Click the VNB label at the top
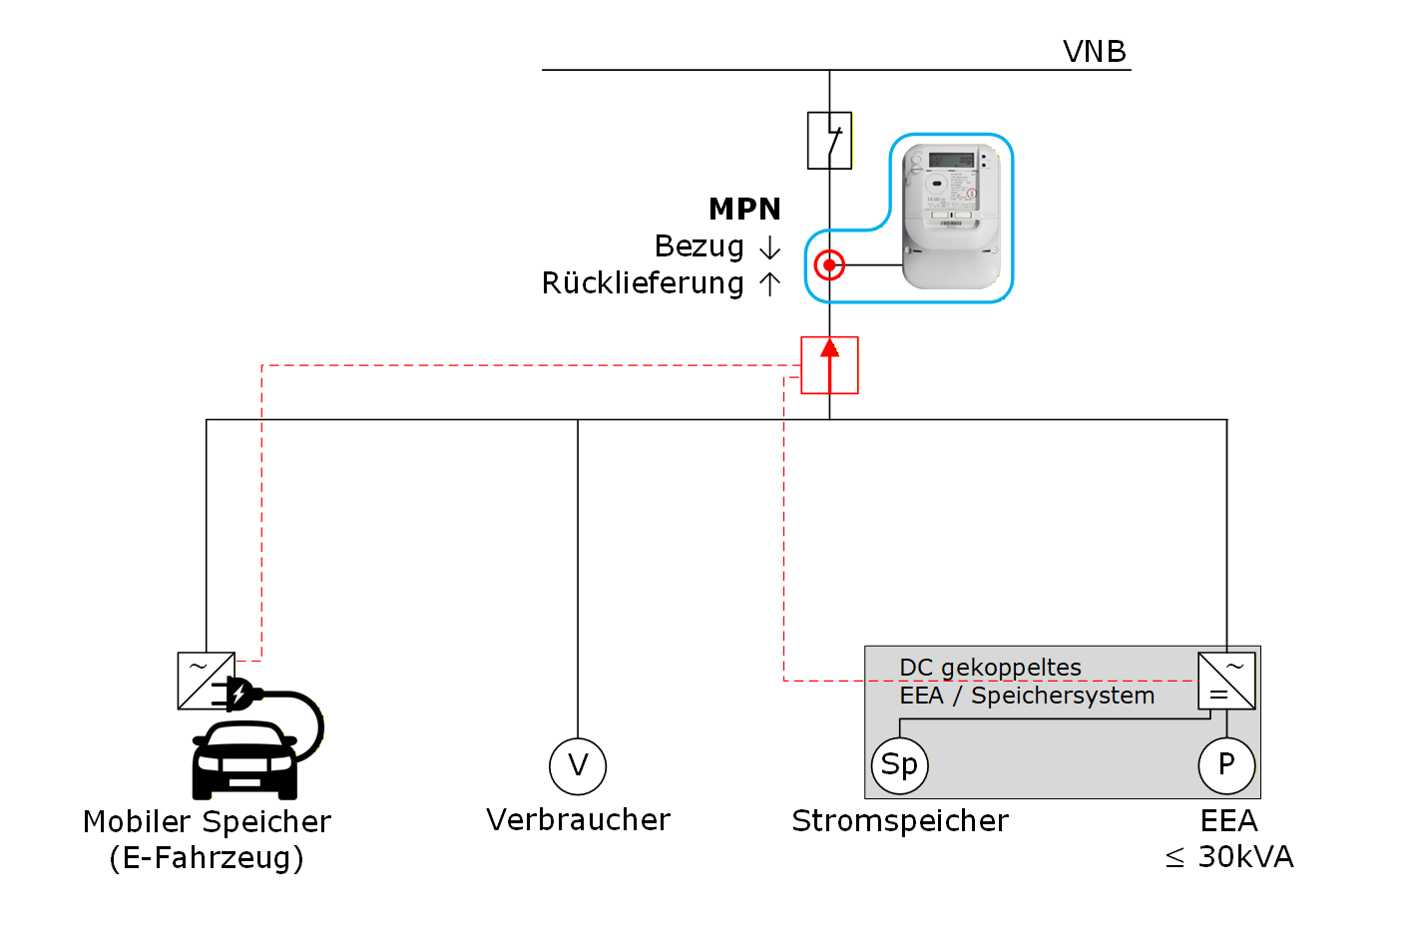pos(1094,51)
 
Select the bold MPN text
pos(744,209)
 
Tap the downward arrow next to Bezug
pos(769,247)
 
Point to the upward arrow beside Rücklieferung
pos(769,284)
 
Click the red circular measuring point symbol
pos(829,265)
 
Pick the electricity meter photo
pos(951,216)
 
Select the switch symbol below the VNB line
pos(829,141)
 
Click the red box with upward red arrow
pos(829,365)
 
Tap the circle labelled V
pos(578,766)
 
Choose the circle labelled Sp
pos(899,765)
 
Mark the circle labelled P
pos(1226,765)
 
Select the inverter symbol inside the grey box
pos(1226,681)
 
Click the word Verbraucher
pos(578,820)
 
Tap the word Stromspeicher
pos(899,821)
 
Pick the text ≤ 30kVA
pos(1228,857)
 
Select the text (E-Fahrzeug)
pos(207,858)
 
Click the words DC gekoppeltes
pos(990,668)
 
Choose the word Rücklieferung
pos(643,284)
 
